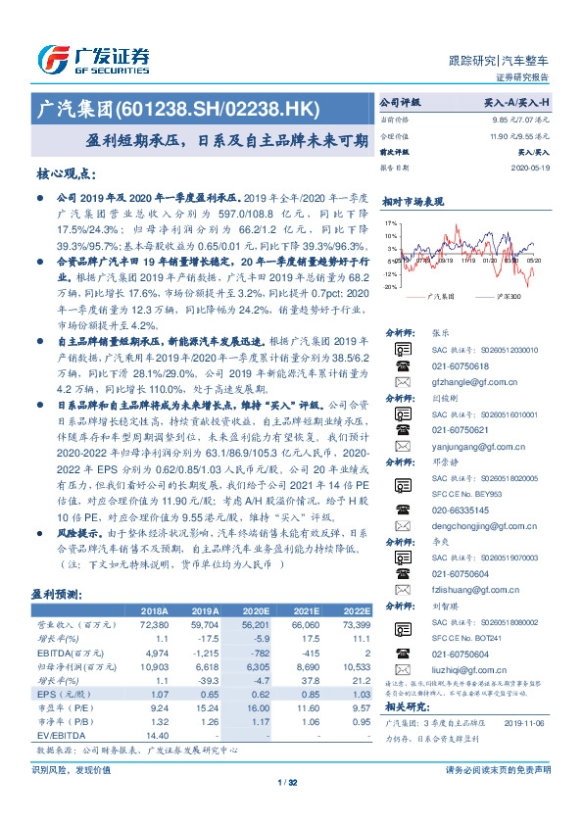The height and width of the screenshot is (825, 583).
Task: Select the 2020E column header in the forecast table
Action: click(x=228, y=608)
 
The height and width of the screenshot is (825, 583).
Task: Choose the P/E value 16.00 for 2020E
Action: click(x=228, y=706)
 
